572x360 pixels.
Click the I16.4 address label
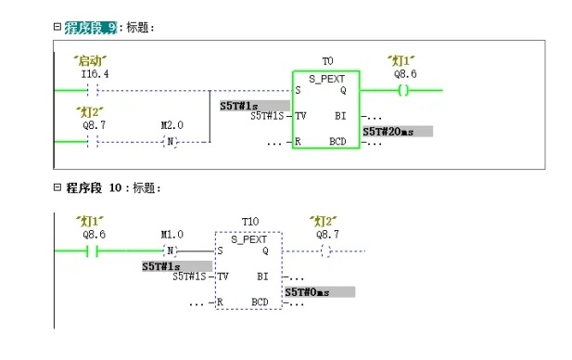click(x=95, y=73)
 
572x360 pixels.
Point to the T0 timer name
click(x=326, y=60)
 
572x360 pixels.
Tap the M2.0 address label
click(x=172, y=123)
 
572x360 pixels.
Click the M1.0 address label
click(x=172, y=235)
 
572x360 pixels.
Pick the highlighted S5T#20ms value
click(x=397, y=132)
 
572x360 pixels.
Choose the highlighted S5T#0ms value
click(x=319, y=292)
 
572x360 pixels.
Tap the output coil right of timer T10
click(x=325, y=251)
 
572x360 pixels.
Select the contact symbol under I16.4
click(x=92, y=91)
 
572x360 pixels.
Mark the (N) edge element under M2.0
click(x=170, y=141)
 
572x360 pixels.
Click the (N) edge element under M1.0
click(x=170, y=251)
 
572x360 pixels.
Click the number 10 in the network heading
click(x=116, y=188)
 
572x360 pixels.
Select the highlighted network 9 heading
click(x=90, y=28)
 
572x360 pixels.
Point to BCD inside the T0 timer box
click(x=337, y=141)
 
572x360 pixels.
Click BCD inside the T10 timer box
click(x=260, y=302)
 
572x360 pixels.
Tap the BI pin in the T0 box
click(x=340, y=116)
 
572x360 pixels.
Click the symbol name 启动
click(x=93, y=60)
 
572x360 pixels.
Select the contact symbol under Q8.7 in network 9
click(x=92, y=141)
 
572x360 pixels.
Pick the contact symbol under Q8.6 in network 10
click(x=92, y=251)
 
